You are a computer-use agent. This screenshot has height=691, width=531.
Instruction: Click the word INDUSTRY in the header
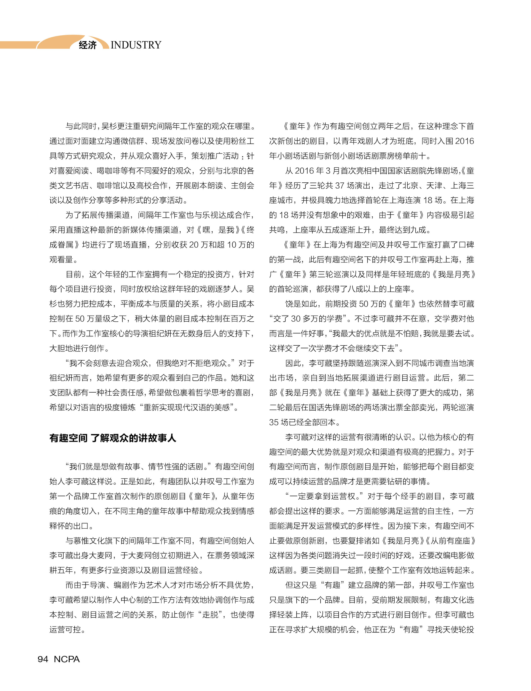(x=136, y=45)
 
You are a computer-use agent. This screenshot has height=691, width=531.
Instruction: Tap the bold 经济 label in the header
(x=88, y=45)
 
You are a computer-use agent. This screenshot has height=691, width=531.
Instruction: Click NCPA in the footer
(x=67, y=659)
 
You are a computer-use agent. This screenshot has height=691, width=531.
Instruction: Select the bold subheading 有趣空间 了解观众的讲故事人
(x=113, y=438)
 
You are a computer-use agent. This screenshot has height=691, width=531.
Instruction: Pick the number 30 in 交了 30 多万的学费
(x=296, y=319)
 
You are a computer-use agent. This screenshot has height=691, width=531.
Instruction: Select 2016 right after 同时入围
(x=464, y=141)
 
